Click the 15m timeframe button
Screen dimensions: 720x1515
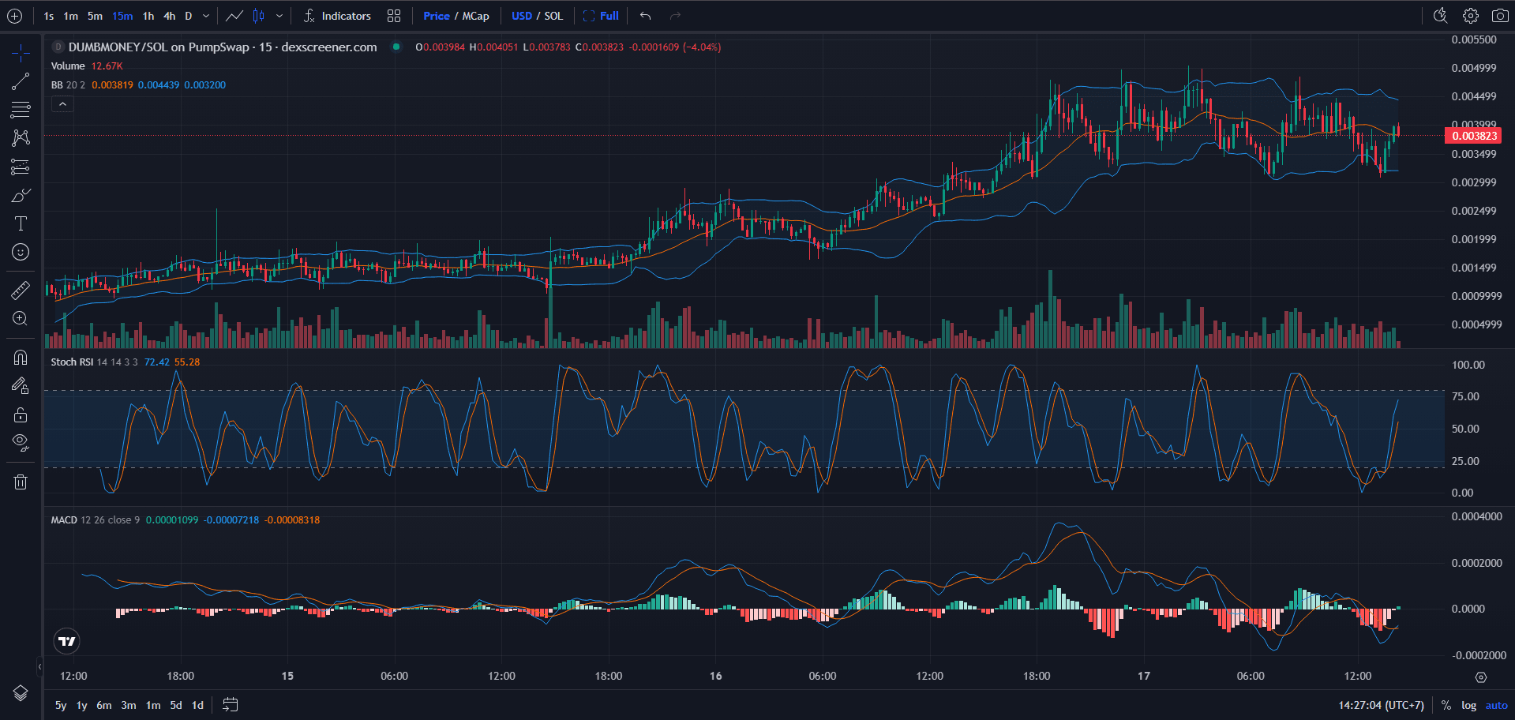pyautogui.click(x=122, y=16)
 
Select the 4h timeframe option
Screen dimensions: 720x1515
pyautogui.click(x=170, y=16)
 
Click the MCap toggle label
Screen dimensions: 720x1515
pyautogui.click(x=475, y=16)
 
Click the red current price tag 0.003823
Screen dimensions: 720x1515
pyautogui.click(x=1473, y=136)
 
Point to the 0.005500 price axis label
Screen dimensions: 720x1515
pyautogui.click(x=1473, y=39)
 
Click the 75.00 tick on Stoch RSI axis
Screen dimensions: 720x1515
pyautogui.click(x=1465, y=396)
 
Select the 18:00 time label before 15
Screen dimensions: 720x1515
pyautogui.click(x=181, y=676)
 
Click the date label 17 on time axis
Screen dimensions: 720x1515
pyautogui.click(x=1143, y=676)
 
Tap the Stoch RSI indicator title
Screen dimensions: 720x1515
pyautogui.click(x=72, y=362)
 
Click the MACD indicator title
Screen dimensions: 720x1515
pyautogui.click(x=64, y=520)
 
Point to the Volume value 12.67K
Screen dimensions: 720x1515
pyautogui.click(x=107, y=66)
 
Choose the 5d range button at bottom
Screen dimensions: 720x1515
pyautogui.click(x=176, y=705)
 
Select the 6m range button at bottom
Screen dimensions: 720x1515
pyautogui.click(x=104, y=705)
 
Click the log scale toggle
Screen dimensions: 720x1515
pyautogui.click(x=1468, y=705)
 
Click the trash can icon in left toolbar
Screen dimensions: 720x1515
pyautogui.click(x=21, y=482)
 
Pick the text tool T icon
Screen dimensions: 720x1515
pyautogui.click(x=21, y=223)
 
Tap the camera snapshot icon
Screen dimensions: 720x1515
pyautogui.click(x=1500, y=16)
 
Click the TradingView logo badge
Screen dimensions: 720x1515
pyautogui.click(x=67, y=641)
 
